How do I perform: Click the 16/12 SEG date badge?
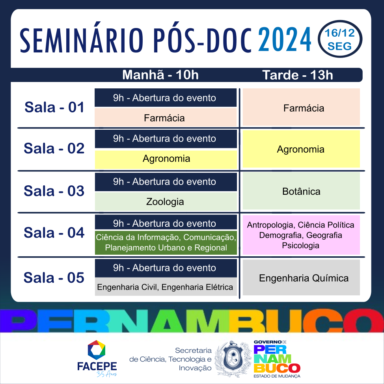[x=340, y=39]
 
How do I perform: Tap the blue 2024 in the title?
[x=285, y=39]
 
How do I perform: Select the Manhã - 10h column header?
[x=160, y=75]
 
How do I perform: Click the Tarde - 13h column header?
[x=298, y=75]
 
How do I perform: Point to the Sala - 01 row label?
[x=54, y=107]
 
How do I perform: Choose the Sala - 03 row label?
[x=54, y=191]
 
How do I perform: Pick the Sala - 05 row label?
[x=54, y=278]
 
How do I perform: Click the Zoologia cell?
[x=166, y=202]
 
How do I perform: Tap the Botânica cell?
[x=301, y=191]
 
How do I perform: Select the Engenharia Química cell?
[x=301, y=278]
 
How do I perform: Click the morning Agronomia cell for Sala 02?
[x=166, y=159]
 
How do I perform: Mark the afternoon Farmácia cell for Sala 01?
[x=301, y=107]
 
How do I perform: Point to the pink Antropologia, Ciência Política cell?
[x=301, y=235]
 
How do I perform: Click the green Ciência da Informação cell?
[x=166, y=243]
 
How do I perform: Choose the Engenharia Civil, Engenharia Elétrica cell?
[x=166, y=287]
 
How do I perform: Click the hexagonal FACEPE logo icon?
[x=97, y=350]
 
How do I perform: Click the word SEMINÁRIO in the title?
[x=81, y=40]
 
